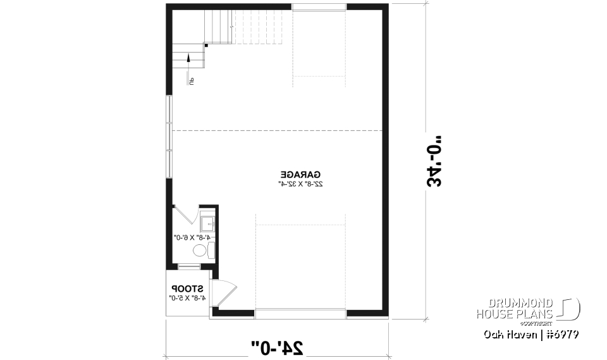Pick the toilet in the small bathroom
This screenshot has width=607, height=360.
201,251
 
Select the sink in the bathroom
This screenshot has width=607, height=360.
208,223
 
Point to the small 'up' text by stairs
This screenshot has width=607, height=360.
190,80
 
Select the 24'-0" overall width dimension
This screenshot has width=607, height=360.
277,347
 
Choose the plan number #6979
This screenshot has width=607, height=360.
563,334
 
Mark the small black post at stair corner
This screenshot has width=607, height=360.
207,45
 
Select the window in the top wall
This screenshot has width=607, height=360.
319,7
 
